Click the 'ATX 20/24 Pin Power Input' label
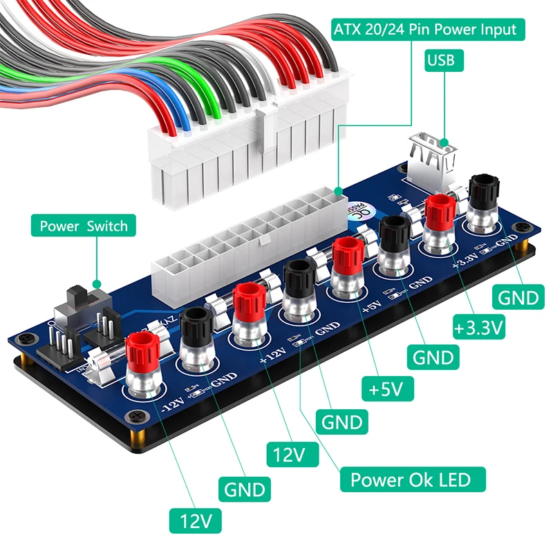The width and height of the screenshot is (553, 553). coord(424,29)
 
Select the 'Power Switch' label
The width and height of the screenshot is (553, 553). coord(84,226)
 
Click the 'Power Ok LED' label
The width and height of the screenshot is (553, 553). coord(411,479)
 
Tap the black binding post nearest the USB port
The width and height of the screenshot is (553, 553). coord(482,189)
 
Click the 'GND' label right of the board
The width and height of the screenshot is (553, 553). coord(518,297)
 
